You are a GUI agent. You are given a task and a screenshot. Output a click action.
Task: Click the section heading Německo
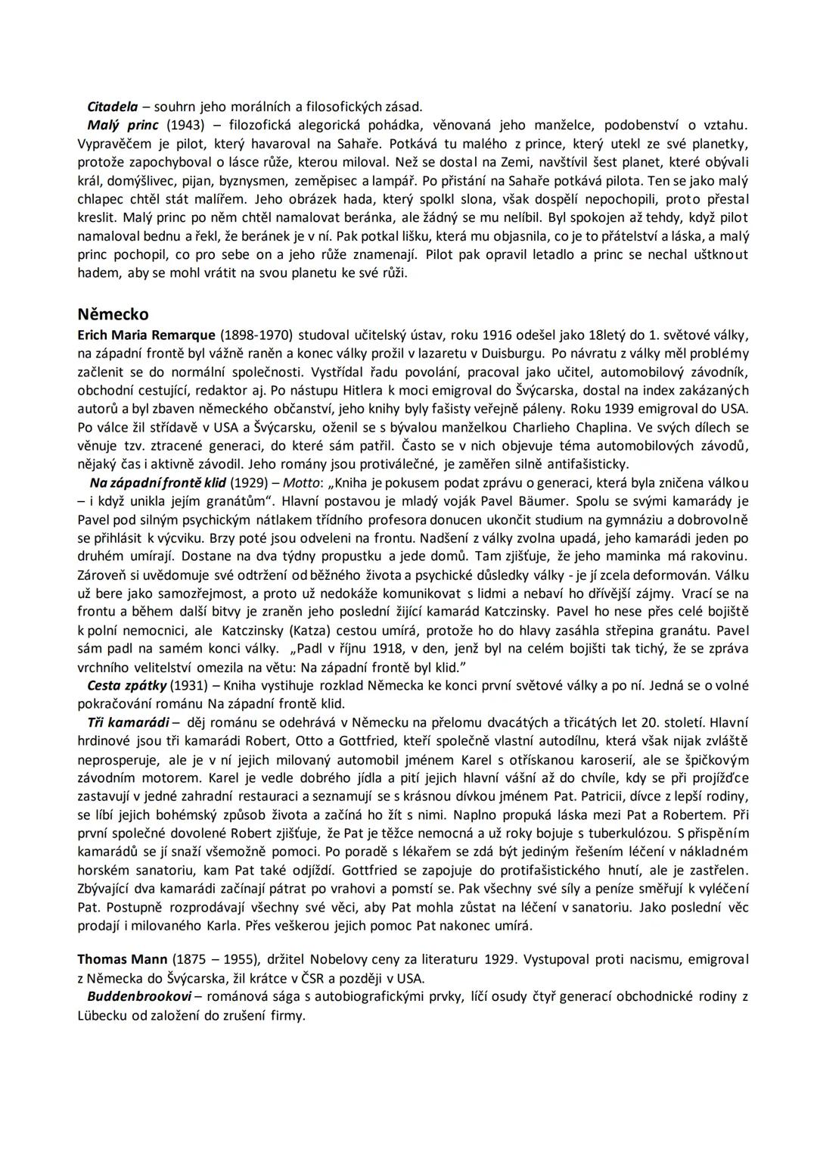click(113, 314)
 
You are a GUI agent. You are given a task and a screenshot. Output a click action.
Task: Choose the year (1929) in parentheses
click(247, 482)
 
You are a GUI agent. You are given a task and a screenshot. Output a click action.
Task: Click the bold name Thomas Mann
click(123, 959)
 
